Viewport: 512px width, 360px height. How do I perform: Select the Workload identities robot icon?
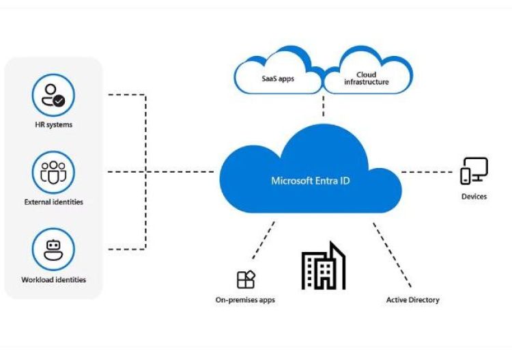point(53,250)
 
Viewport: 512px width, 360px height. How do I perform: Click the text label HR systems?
point(53,125)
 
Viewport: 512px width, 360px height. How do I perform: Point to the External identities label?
point(53,202)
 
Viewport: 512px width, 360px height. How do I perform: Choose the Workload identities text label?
point(53,279)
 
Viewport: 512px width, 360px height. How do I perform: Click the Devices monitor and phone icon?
point(474,171)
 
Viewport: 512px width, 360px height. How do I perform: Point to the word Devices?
point(474,197)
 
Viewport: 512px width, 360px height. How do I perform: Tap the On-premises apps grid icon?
point(246,279)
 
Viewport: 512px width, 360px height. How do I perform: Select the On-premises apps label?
point(246,300)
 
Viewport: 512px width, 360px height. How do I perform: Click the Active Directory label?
point(413,300)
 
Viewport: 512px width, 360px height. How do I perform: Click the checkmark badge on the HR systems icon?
point(60,100)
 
